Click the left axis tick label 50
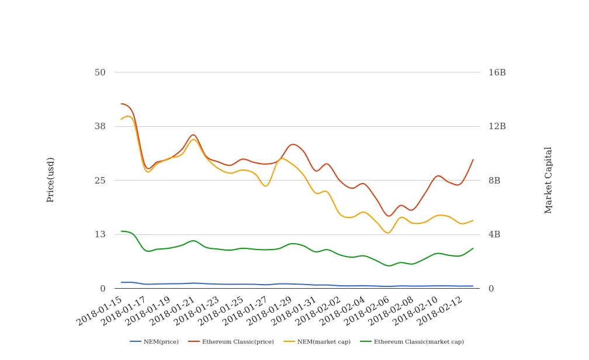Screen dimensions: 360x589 coord(100,72)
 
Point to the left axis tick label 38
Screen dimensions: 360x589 coord(100,126)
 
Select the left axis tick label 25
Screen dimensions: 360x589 coord(100,181)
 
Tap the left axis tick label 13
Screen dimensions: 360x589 coord(100,234)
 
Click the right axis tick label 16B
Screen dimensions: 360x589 coord(497,72)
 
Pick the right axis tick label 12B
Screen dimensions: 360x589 coord(497,126)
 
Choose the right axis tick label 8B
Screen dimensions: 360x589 coord(495,181)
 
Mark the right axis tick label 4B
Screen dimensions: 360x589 coord(495,234)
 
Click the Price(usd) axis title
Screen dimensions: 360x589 coord(51,180)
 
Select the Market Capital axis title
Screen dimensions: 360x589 coord(549,180)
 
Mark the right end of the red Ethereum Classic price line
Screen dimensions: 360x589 coord(473,160)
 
